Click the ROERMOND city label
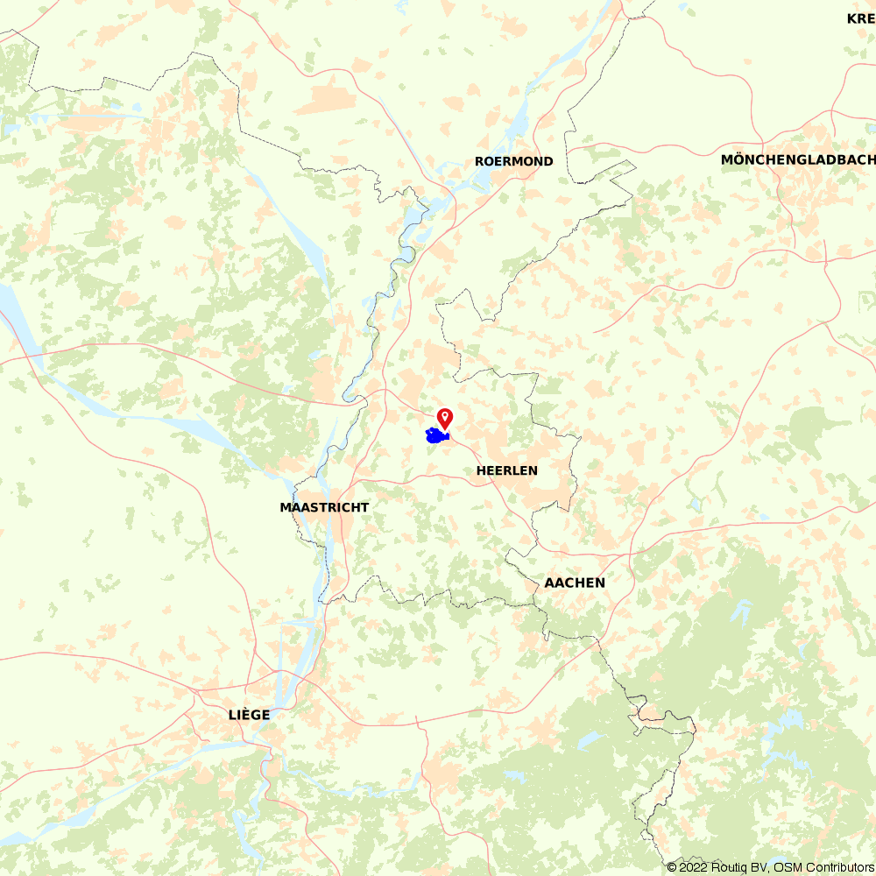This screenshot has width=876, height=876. (x=514, y=161)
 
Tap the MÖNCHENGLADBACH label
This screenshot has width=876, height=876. (x=797, y=159)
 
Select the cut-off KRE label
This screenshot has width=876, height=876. (x=860, y=18)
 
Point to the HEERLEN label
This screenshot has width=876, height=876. (x=507, y=470)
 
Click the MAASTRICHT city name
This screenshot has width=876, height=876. (x=324, y=507)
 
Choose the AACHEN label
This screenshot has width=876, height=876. (x=575, y=583)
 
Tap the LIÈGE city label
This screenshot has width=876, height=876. (x=249, y=715)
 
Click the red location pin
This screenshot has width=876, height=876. (x=445, y=417)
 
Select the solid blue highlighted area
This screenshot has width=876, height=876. (x=435, y=435)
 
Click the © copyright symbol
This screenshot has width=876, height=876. (x=672, y=867)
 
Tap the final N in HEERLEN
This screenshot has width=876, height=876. (x=533, y=470)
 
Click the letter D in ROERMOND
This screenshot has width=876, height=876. (x=548, y=161)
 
